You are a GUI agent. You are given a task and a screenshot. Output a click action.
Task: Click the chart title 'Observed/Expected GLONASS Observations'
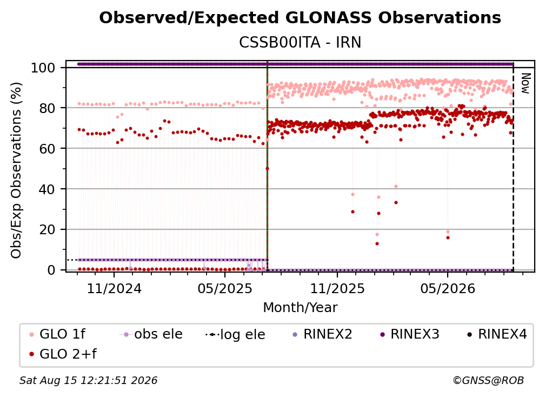click(x=300, y=18)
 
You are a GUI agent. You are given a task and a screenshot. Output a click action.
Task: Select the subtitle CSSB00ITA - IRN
click(x=300, y=43)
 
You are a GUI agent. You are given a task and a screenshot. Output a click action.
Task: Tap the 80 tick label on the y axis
click(x=47, y=108)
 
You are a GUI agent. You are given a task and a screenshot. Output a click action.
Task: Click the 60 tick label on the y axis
click(x=47, y=149)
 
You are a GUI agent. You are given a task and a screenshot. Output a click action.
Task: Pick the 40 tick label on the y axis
click(x=47, y=189)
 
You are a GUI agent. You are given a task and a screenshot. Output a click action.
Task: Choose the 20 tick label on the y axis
click(x=47, y=230)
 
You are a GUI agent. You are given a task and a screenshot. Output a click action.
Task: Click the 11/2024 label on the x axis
click(x=114, y=288)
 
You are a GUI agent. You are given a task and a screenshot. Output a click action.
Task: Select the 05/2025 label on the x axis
click(x=225, y=288)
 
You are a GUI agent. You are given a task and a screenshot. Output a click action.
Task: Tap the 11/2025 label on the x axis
click(x=337, y=288)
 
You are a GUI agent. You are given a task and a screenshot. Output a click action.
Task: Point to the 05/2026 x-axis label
click(x=448, y=288)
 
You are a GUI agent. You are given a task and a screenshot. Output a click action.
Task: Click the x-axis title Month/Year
click(x=300, y=308)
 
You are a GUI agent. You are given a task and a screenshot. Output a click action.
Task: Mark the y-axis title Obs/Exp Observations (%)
click(x=16, y=170)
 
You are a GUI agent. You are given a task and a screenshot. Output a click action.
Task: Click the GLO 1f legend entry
click(x=57, y=334)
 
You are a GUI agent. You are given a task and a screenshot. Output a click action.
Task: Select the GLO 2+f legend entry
click(x=63, y=354)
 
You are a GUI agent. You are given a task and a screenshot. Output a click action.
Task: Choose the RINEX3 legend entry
click(x=409, y=334)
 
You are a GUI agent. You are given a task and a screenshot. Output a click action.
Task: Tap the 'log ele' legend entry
click(x=235, y=334)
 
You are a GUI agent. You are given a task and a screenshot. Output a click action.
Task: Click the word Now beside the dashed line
click(x=526, y=83)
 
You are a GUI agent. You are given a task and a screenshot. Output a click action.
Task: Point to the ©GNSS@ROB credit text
click(x=488, y=381)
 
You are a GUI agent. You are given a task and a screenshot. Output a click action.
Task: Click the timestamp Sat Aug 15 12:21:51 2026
click(x=88, y=381)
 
